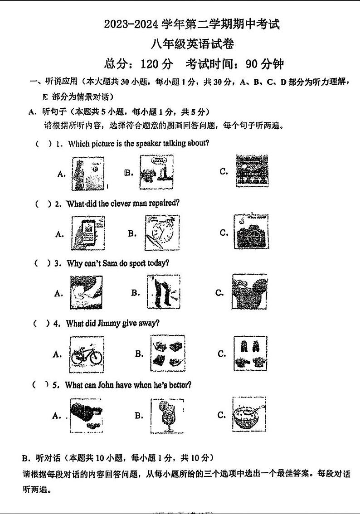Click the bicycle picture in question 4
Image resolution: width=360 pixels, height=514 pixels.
point(87,352)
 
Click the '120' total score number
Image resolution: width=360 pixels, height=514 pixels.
point(150,64)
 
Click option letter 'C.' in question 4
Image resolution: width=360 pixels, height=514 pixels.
point(222,354)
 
